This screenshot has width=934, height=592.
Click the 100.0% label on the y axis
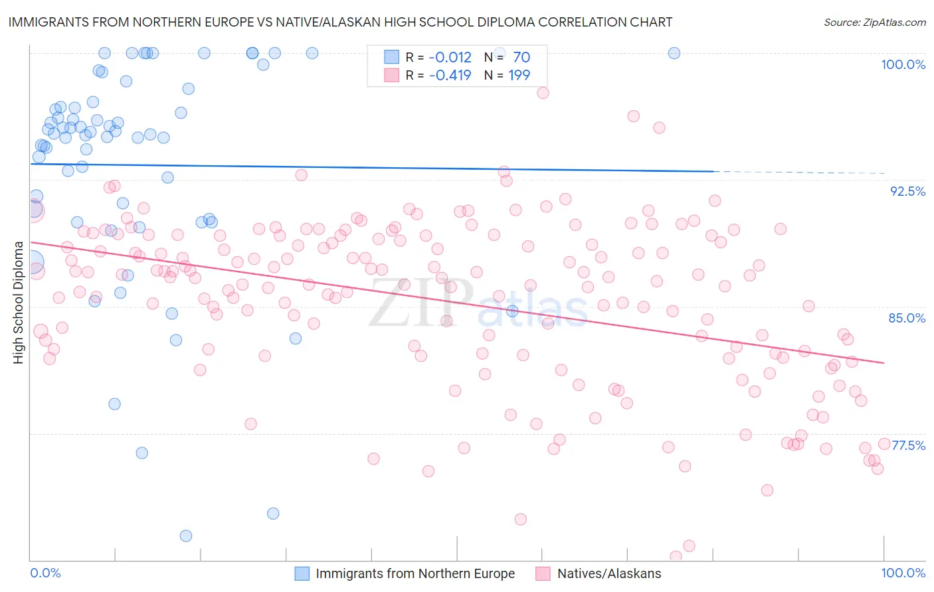click(x=903, y=64)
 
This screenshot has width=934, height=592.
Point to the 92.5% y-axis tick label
click(x=907, y=191)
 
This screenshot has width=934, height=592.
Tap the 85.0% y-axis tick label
click(x=907, y=318)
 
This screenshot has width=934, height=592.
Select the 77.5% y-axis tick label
click(x=908, y=445)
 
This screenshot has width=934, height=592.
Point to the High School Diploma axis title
click(x=18, y=302)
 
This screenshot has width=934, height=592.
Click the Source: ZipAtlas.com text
click(x=874, y=23)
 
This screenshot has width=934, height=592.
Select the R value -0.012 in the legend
click(x=450, y=58)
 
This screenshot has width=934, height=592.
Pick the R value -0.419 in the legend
click(x=450, y=76)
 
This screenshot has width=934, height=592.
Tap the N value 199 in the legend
click(x=519, y=76)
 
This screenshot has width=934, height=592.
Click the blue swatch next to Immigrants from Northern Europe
click(x=302, y=573)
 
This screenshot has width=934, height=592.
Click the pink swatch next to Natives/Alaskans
click(x=543, y=573)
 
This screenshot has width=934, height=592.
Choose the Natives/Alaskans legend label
click(x=609, y=573)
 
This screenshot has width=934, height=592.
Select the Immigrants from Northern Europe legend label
click(x=415, y=573)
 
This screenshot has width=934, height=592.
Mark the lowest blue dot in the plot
click(x=186, y=536)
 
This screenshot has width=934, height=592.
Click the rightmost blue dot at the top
click(x=674, y=53)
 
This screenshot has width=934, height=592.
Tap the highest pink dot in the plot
click(x=543, y=93)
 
